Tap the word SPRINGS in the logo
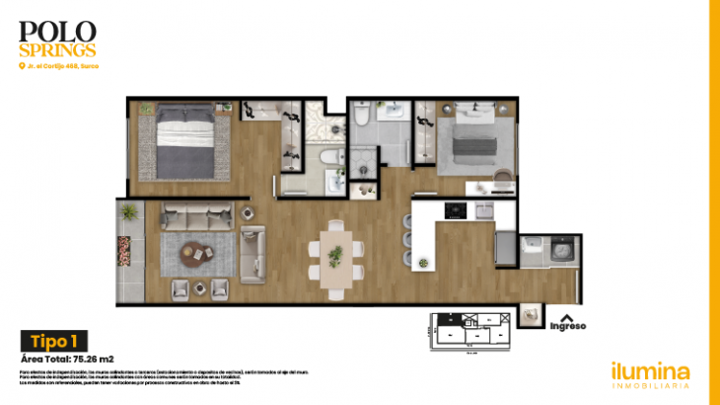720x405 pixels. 57,48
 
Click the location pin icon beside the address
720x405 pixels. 22,66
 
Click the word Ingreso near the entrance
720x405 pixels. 567,326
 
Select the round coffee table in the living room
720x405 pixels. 193,253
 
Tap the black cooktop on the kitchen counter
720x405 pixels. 456,209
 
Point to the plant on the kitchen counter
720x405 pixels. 424,262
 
